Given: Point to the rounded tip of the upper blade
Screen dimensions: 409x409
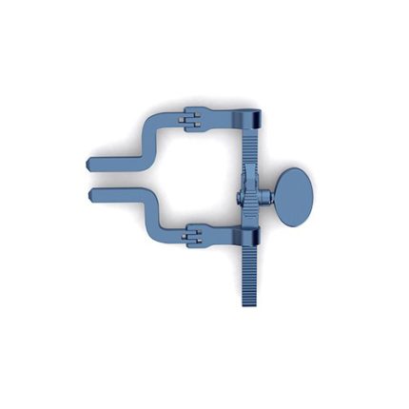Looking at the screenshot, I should [x=91, y=164].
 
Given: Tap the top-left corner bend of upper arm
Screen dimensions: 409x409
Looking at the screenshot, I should [x=150, y=121].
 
